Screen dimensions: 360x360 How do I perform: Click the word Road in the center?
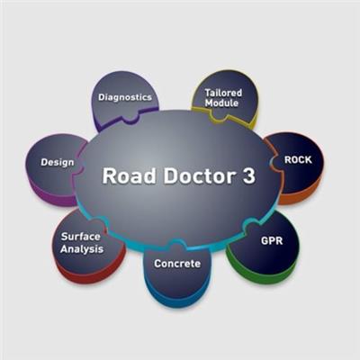pos(129,175)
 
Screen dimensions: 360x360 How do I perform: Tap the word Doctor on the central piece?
pos(199,175)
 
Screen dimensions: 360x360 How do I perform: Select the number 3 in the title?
pos(248,175)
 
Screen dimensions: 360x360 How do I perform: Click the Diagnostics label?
pos(125,97)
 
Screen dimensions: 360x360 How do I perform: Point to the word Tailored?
pos(223,93)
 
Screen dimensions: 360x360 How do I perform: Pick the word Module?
pos(221,103)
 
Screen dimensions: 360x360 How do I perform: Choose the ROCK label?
pos(298,160)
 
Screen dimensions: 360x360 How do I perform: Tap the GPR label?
pos(272,240)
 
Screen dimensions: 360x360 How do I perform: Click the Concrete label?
pos(177,264)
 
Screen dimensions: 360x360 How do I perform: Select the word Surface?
pos(81,237)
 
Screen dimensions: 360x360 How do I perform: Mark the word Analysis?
pos(82,249)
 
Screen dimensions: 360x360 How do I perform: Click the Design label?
pos(58,162)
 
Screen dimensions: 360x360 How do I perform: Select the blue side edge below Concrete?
pos(177,297)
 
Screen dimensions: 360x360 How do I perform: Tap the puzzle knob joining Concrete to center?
pos(174,244)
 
